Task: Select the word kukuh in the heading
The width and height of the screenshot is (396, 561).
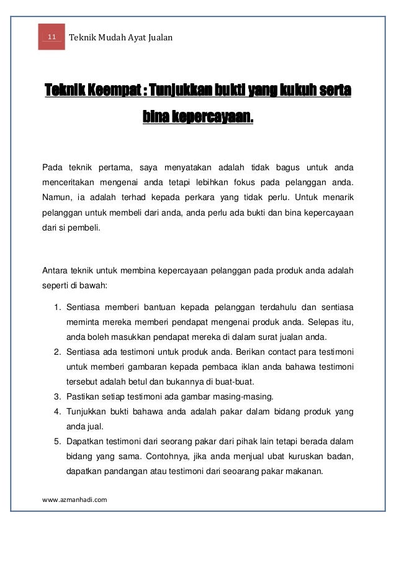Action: (x=297, y=93)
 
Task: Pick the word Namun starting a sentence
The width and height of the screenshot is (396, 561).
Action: (x=54, y=198)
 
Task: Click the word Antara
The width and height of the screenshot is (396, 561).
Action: (x=55, y=270)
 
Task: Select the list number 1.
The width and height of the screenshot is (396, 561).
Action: (x=56, y=308)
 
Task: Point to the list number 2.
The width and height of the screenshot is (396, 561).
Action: (x=56, y=352)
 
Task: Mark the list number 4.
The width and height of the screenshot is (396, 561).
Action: (x=56, y=411)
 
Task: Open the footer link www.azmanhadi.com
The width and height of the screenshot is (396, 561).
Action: (x=74, y=498)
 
